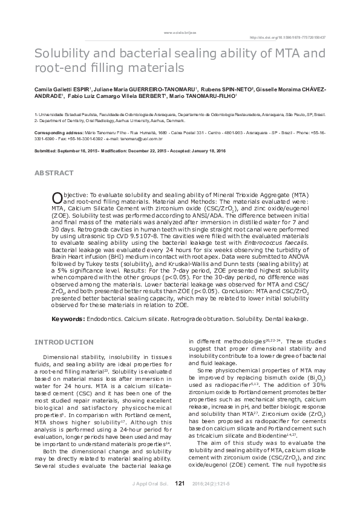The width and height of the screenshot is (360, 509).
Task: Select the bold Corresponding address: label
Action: point(58,131)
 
